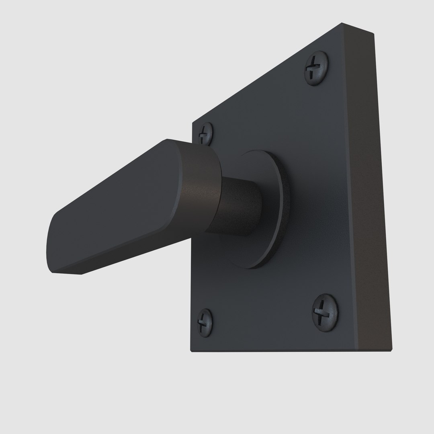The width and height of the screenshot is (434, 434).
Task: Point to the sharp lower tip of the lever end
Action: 82,274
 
